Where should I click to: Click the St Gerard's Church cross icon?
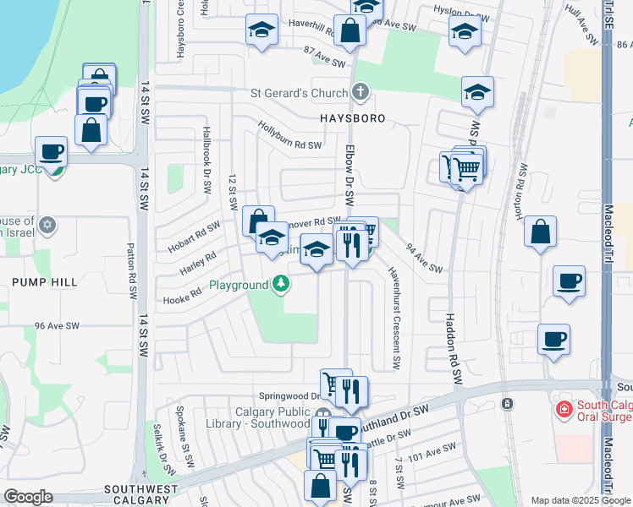[x=361, y=91]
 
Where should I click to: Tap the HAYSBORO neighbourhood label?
[x=352, y=118]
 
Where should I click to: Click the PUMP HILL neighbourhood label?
[x=44, y=281]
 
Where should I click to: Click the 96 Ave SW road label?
[x=57, y=325]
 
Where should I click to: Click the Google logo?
[x=28, y=497]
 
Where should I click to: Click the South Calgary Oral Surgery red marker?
[x=563, y=409]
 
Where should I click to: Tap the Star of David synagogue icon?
[x=48, y=225]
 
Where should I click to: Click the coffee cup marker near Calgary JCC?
[x=52, y=151]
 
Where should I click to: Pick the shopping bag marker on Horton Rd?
[x=540, y=232]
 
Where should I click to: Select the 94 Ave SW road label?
[x=425, y=259]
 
